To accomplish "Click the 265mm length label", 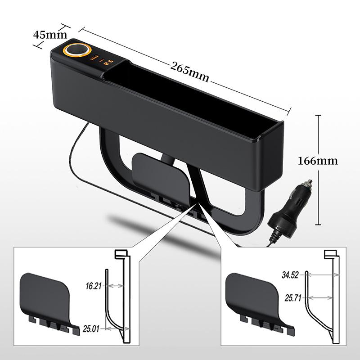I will pos(189,72).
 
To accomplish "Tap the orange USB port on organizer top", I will pos(96,58).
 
